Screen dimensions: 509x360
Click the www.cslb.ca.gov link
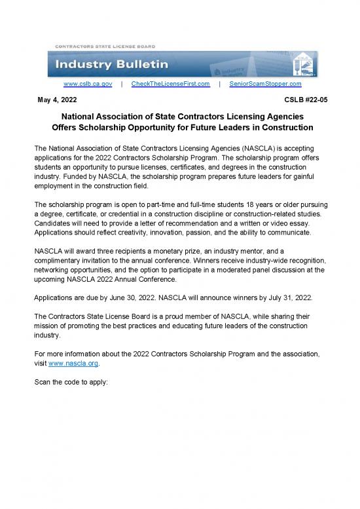pyautogui.click(x=88, y=85)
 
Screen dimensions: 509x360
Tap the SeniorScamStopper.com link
pyautogui.click(x=267, y=85)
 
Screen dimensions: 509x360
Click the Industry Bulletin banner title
pyautogui.click(x=113, y=65)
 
